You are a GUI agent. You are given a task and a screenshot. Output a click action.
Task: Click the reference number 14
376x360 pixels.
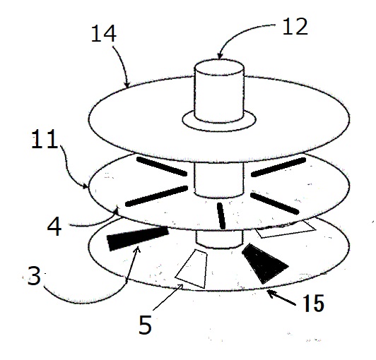click(x=104, y=34)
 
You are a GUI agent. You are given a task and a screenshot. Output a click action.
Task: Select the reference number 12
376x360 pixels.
click(x=295, y=27)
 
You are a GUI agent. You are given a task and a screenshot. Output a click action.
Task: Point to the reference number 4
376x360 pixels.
click(x=54, y=227)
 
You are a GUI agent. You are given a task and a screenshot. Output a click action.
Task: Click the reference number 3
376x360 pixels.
click(x=35, y=276)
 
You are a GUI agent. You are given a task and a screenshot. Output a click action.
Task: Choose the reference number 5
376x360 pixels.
click(x=146, y=324)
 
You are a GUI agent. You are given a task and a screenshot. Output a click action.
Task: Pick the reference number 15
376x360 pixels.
click(x=314, y=303)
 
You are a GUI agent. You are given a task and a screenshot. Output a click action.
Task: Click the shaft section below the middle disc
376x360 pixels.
click(x=219, y=239)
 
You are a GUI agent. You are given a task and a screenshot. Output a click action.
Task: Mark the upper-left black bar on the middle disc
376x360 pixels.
click(x=162, y=166)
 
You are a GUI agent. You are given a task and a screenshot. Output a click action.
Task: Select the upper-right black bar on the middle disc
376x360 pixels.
click(x=278, y=167)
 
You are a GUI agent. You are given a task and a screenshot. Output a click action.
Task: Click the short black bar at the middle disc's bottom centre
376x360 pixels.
click(x=221, y=215)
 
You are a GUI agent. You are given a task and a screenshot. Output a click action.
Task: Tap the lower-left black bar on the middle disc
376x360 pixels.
click(x=156, y=196)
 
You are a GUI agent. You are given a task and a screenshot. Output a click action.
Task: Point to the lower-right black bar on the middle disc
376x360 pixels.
click(x=274, y=203)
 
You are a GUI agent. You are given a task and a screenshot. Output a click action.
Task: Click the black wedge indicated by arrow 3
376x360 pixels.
click(x=138, y=238)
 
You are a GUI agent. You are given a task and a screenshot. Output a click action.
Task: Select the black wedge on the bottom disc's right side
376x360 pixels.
click(x=263, y=263)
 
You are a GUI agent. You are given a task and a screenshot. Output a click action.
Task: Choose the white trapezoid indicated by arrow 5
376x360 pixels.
click(x=192, y=269)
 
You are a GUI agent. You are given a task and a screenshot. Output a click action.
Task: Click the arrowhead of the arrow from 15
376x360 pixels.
click(x=271, y=293)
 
